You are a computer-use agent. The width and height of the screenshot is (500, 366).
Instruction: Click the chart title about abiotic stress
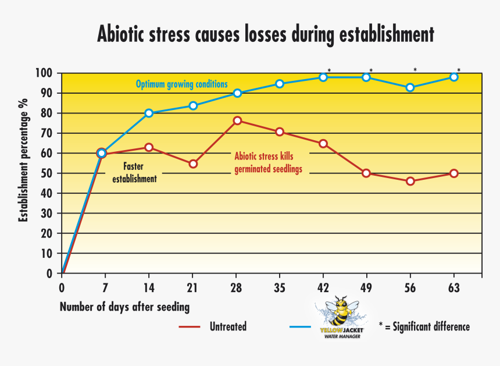[x=265, y=34]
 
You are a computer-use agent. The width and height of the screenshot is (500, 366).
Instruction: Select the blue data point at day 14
[x=149, y=113]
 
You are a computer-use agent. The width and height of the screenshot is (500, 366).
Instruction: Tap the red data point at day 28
[x=237, y=120]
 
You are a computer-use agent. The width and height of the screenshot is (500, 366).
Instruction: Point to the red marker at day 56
[x=410, y=181]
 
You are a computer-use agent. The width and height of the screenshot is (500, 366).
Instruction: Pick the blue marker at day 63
[x=454, y=77]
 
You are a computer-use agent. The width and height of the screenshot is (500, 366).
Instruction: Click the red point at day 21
[x=193, y=164]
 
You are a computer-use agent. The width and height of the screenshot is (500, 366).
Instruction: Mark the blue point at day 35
[x=280, y=84]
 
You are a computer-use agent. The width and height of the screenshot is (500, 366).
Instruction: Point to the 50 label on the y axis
[x=47, y=173]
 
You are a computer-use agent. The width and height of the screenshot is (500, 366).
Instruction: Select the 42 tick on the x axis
[x=323, y=287]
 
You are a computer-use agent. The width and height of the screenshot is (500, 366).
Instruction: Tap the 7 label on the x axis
[x=105, y=287]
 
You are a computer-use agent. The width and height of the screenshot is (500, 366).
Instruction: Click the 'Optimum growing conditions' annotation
[x=181, y=84]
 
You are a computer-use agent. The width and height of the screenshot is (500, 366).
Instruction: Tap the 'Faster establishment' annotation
[x=134, y=173]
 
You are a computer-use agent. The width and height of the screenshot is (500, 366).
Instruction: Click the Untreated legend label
[x=227, y=326]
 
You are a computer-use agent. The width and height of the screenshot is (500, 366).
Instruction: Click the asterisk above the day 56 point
[x=415, y=70]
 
